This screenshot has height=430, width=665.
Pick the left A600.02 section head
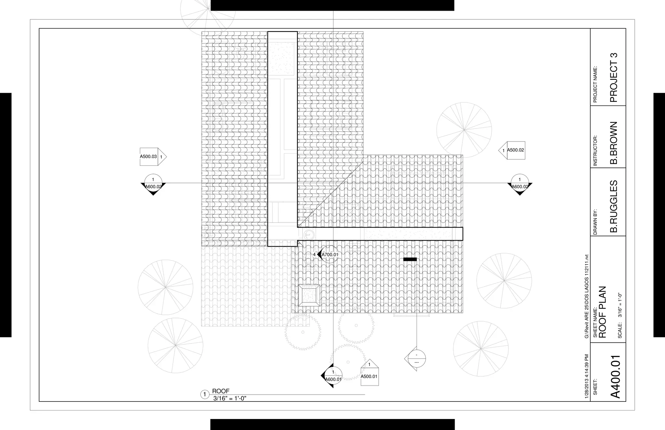pos(153,184)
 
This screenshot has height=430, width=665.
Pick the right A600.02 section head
pos(520,184)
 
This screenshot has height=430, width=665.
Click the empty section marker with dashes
pos(416,359)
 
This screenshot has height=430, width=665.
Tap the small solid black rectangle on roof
pos(410,259)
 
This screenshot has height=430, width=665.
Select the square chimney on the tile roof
pos(309,295)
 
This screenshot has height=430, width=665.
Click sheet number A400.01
pos(616,376)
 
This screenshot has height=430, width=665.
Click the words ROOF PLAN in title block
pos(603,312)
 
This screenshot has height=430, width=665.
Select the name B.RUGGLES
pos(613,206)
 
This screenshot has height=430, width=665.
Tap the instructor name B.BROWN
pos(613,143)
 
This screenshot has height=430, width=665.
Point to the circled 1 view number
pos(205,395)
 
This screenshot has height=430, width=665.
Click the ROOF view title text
pos(221,391)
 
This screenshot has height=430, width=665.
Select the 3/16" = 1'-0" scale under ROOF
pos(230,399)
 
